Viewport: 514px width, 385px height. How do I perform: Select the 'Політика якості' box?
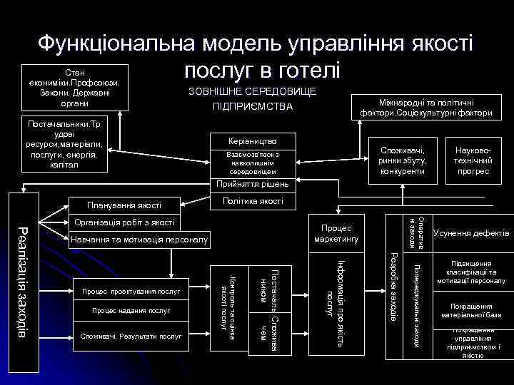(x=252, y=200)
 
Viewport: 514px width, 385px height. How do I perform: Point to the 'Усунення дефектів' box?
(x=471, y=233)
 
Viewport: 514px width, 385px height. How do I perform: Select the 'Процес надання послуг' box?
(x=131, y=312)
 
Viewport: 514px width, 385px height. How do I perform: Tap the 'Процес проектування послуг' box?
(x=131, y=290)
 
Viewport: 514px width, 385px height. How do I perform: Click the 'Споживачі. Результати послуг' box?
(x=131, y=334)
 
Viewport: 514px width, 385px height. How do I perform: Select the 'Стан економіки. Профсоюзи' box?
(x=74, y=88)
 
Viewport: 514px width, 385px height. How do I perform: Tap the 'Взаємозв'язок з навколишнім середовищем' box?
(x=252, y=163)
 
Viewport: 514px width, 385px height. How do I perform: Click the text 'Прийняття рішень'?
(x=252, y=184)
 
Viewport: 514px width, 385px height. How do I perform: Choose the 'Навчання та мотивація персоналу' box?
(x=138, y=240)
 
